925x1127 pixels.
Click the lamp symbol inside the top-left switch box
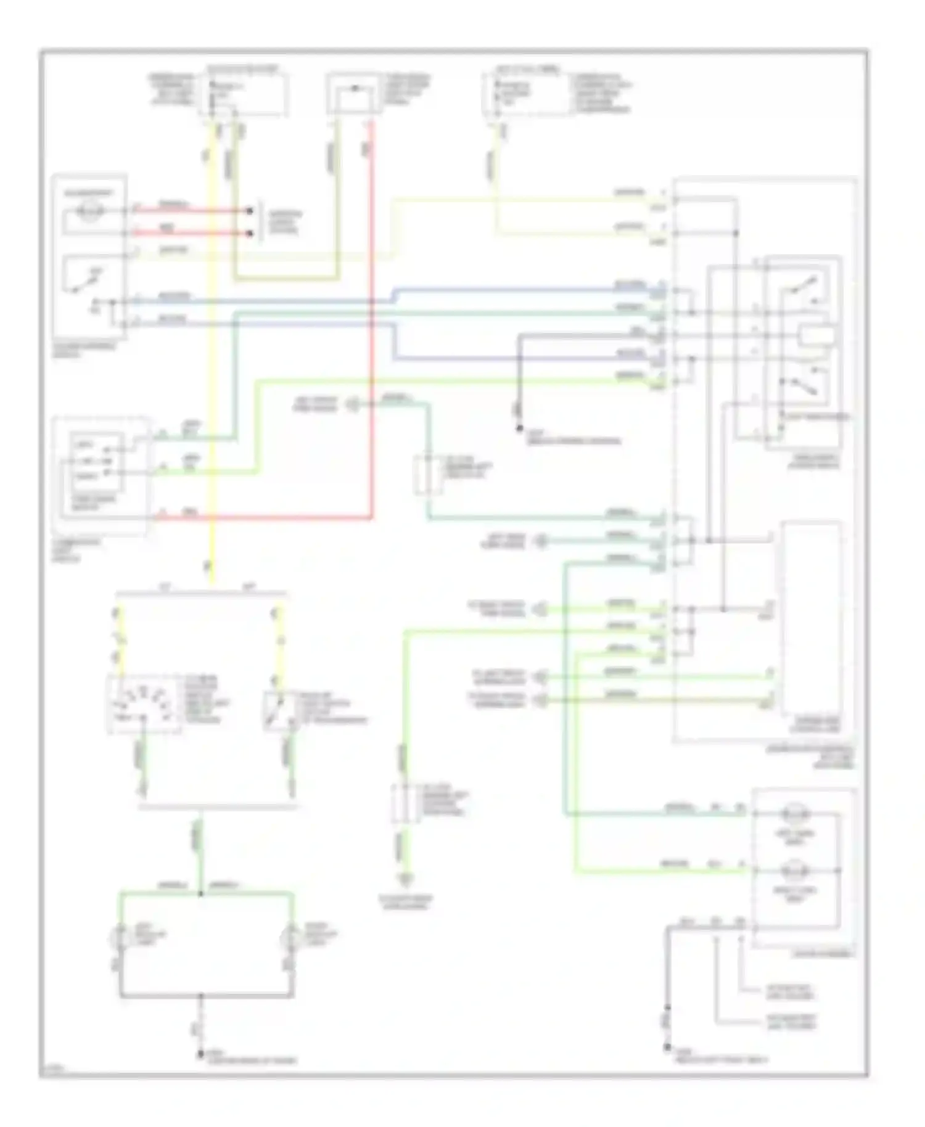tap(92, 211)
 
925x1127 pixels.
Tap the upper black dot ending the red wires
tap(250, 211)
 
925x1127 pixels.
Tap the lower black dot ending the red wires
tap(250, 234)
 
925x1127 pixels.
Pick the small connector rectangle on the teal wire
tap(427, 475)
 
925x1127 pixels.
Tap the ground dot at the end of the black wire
tap(519, 428)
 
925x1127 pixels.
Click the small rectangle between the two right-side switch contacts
tap(817, 336)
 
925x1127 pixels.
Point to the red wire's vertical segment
tap(372, 321)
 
